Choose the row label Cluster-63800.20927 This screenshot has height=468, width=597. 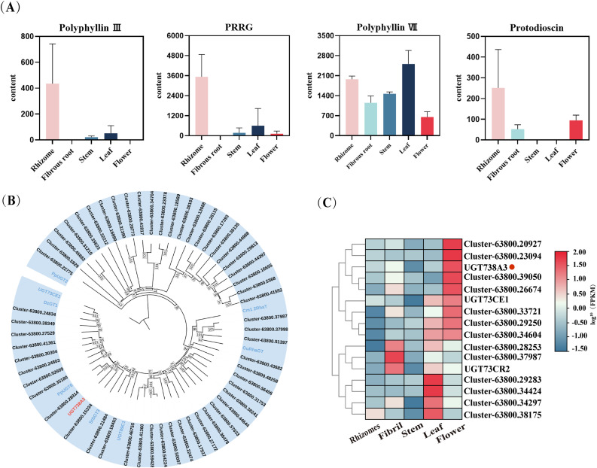513,245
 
